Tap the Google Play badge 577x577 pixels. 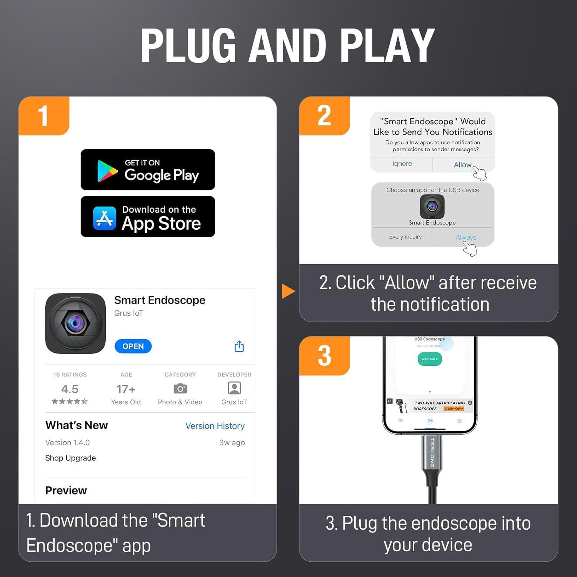(148, 170)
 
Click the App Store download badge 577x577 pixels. (148, 217)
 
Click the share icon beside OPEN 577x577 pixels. (239, 346)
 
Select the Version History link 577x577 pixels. (215, 426)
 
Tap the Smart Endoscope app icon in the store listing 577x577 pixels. (75, 324)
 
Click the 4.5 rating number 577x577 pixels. (70, 389)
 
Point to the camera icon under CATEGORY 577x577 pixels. (180, 389)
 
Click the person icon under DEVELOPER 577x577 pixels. (234, 388)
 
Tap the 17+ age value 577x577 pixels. (126, 389)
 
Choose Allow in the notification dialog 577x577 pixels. (462, 165)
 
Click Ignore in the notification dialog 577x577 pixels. (402, 163)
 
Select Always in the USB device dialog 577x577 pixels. (465, 237)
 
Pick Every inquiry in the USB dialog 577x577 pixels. (405, 237)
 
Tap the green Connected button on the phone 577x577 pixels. (430, 359)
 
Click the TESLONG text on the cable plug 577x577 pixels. (432, 453)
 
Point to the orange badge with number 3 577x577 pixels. (324, 355)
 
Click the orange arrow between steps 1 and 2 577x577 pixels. (288, 291)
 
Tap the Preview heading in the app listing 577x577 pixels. (66, 490)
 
